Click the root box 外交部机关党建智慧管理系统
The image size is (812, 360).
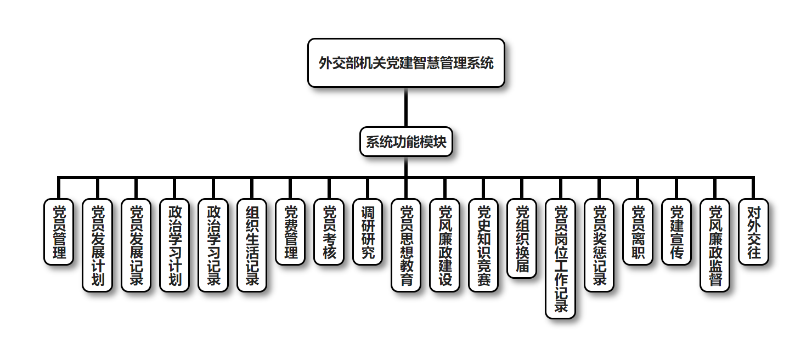406,63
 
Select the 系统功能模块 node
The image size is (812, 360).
406,142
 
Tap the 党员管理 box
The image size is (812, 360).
59,232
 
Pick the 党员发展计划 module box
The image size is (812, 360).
97,245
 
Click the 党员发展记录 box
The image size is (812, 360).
136,245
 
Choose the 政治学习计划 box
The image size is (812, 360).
174,245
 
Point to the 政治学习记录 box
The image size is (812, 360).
213,245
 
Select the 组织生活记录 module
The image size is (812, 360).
252,245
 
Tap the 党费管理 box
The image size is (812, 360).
290,232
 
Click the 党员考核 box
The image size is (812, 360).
329,232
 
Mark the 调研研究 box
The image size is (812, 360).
368,232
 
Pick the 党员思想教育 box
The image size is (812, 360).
406,245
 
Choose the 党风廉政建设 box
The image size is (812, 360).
444,245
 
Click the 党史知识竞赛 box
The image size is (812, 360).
483,245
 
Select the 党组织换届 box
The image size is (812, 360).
522,238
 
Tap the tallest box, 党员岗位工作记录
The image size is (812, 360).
560,258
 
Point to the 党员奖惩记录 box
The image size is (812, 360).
599,245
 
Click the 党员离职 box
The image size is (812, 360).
638,232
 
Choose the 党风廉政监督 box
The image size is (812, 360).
715,245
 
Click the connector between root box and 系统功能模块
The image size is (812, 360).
406,107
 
